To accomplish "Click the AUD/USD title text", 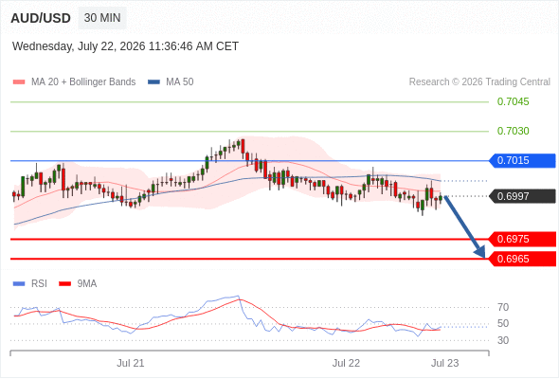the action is (41, 18).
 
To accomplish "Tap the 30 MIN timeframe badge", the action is (102, 18).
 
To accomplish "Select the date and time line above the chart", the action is (125, 46).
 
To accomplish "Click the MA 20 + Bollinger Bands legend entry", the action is (74, 82).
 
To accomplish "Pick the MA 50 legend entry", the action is (171, 82).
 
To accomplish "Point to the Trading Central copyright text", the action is (479, 82).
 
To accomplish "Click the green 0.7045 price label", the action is (513, 101).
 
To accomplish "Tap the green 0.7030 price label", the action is (513, 131).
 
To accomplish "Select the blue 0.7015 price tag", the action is (522, 161).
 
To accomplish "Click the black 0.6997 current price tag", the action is (522, 196).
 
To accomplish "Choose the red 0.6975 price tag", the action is (522, 239).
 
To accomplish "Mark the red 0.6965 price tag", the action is (522, 259).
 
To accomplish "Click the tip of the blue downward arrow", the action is (485, 258).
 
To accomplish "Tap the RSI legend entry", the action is (30, 284).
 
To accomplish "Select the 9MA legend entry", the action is (78, 284).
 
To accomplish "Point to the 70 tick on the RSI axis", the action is (503, 307).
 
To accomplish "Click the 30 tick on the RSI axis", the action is (503, 340).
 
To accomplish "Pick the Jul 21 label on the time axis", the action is (131, 363).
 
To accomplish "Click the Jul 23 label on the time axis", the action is (445, 363).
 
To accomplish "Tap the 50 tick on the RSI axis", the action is (503, 324).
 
